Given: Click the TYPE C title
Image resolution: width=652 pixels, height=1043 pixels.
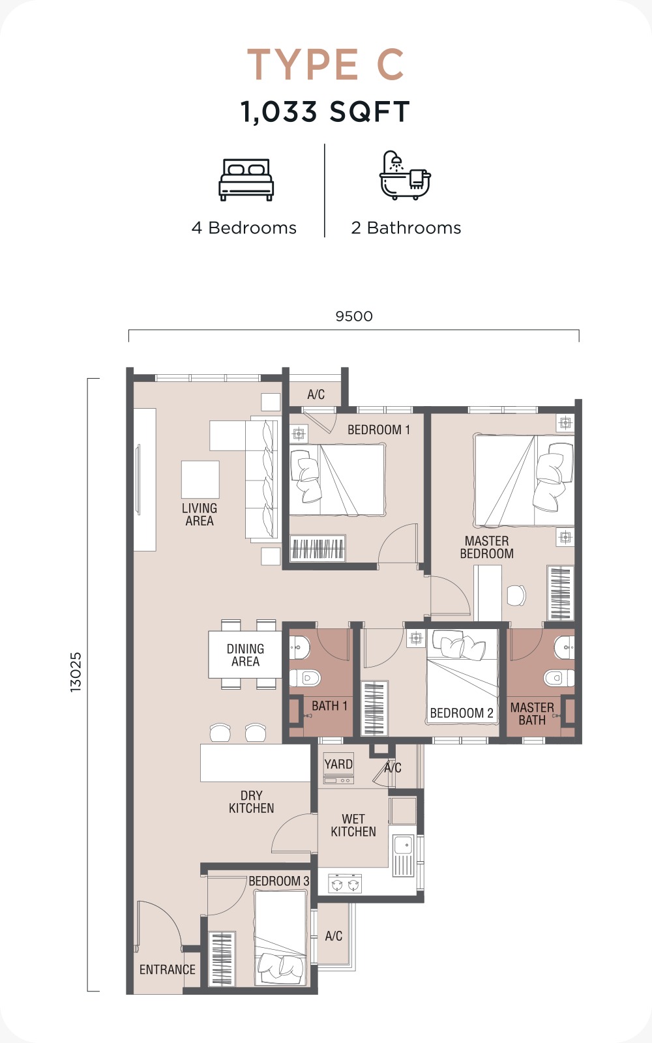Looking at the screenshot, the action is click(325, 65).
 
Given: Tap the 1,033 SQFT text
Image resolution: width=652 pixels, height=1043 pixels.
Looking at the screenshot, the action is click(325, 111).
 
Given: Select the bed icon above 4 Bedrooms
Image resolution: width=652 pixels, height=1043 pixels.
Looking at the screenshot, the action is click(246, 180).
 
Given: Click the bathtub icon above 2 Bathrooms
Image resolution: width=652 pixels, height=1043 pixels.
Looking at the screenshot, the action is click(405, 175).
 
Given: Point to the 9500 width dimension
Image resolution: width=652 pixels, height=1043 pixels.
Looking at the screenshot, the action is click(354, 317).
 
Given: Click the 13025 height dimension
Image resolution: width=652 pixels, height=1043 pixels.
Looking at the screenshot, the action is click(76, 672).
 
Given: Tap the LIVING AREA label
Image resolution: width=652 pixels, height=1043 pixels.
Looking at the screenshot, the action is click(200, 514).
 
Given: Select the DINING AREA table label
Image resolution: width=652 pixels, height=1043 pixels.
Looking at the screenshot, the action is click(245, 655).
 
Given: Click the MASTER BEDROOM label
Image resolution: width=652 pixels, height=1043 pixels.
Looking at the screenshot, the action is click(486, 547).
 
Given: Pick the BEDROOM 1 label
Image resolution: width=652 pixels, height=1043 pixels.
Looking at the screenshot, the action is click(379, 430).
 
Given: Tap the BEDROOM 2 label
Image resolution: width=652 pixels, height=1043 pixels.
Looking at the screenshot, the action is click(462, 713).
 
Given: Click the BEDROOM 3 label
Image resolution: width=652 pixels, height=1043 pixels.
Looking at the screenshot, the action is click(278, 881).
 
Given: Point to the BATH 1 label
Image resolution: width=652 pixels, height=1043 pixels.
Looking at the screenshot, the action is click(329, 706).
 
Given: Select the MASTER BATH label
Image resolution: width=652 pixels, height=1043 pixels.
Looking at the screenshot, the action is click(532, 714).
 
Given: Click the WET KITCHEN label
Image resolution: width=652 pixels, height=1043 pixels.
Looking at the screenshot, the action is click(353, 825).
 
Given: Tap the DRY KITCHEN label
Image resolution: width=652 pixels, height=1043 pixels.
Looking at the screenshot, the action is click(251, 802).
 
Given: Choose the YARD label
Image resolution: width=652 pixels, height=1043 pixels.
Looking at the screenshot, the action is click(338, 764).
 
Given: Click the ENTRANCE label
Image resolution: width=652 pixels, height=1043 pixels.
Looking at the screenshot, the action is click(167, 969).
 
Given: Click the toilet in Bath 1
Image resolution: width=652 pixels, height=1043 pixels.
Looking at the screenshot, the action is click(305, 678).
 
